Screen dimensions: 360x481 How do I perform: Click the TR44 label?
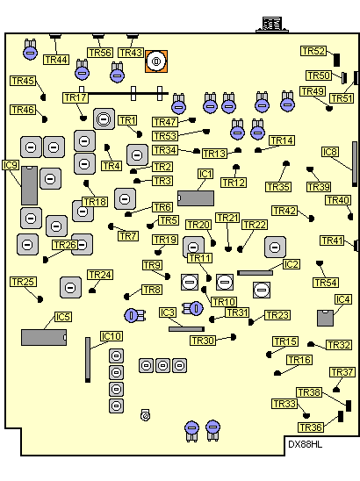click(56, 60)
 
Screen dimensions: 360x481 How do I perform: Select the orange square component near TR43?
click(156, 61)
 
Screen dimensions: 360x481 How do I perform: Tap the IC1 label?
click(205, 174)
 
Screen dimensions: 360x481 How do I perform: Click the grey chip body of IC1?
click(196, 198)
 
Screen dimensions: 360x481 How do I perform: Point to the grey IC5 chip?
click(44, 337)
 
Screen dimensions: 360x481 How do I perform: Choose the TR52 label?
click(313, 51)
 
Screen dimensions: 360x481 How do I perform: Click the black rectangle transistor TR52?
click(336, 60)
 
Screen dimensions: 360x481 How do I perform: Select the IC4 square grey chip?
click(326, 318)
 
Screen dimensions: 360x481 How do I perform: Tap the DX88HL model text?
click(305, 444)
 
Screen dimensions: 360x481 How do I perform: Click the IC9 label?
click(11, 165)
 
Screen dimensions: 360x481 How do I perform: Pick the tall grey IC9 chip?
click(30, 185)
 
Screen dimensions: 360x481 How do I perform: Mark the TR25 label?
click(24, 282)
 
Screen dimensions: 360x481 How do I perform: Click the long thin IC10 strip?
click(88, 360)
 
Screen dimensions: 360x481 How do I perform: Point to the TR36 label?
click(311, 427)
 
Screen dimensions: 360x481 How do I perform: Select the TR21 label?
click(227, 218)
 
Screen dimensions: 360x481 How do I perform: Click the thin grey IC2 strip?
click(255, 273)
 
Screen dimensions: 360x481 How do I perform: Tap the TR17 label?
click(76, 97)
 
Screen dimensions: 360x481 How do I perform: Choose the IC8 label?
click(330, 152)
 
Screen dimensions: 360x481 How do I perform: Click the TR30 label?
click(203, 341)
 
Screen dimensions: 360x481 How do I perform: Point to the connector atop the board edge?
click(272, 25)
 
